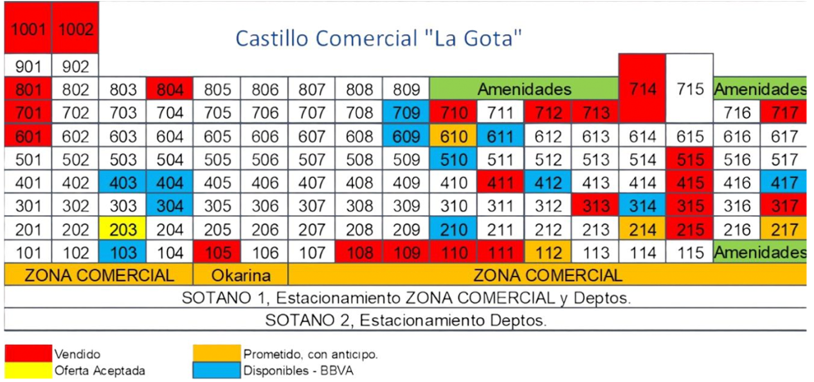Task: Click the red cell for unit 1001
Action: [x=28, y=30]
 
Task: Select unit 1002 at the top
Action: [x=75, y=30]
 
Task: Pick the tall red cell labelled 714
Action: [x=642, y=89]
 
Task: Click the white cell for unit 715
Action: [x=689, y=89]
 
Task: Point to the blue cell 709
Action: [x=405, y=113]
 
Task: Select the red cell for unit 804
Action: [x=170, y=89]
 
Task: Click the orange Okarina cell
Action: [x=240, y=275]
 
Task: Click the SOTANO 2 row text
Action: [x=406, y=321]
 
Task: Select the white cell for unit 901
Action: [x=28, y=67]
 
